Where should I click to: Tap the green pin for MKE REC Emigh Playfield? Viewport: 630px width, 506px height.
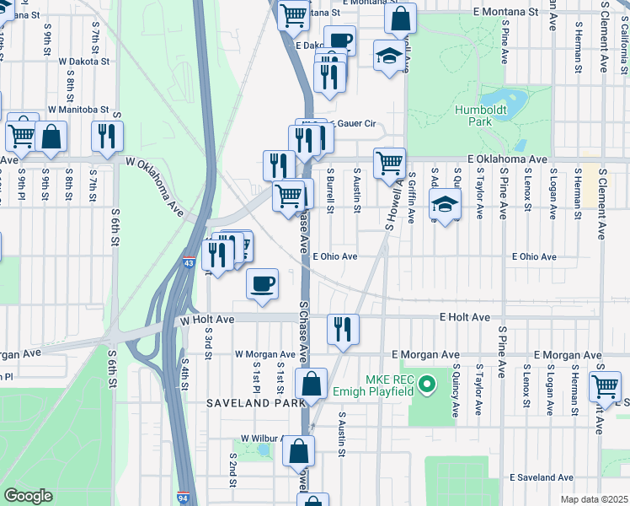click(x=427, y=386)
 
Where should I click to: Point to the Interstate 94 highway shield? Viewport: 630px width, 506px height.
click(x=184, y=498)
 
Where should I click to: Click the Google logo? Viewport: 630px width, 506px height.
click(x=28, y=496)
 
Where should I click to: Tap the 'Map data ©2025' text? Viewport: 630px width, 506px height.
click(x=593, y=499)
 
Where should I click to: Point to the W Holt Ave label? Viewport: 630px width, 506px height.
click(x=206, y=320)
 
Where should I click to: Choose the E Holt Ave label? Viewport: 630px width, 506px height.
click(x=464, y=317)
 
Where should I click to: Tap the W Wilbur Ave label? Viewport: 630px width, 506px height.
click(x=265, y=439)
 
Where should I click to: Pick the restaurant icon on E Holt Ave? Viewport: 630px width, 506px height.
click(x=342, y=328)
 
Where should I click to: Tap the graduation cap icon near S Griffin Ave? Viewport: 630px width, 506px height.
click(x=445, y=203)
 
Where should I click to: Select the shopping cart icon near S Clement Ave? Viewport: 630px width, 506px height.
click(x=606, y=386)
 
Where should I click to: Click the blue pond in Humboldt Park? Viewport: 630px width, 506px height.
click(x=507, y=96)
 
